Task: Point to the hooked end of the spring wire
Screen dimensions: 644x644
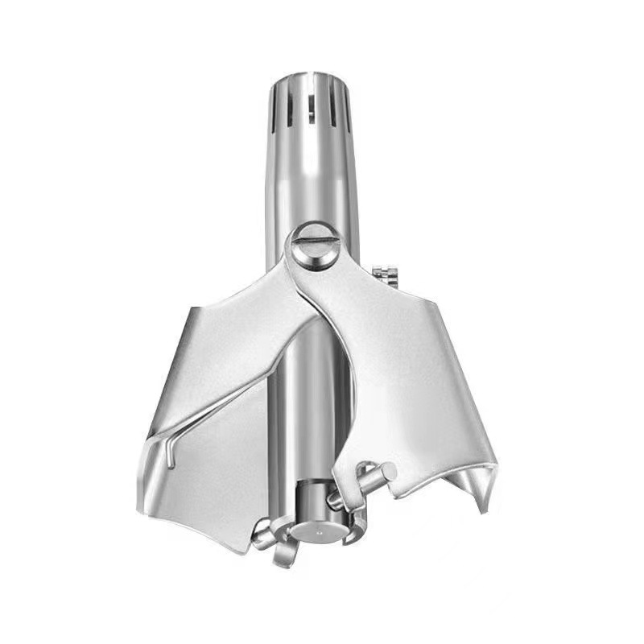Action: pyautogui.click(x=171, y=456)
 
